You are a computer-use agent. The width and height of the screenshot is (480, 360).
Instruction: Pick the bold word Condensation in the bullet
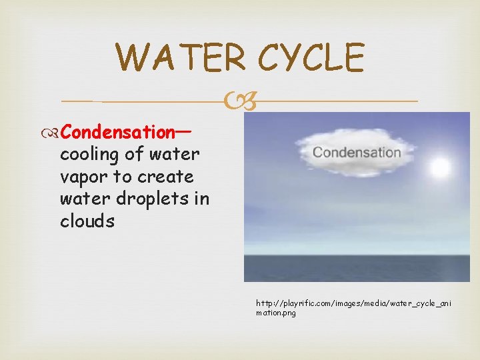click(117, 132)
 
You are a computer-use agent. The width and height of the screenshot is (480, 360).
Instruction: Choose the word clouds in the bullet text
click(87, 221)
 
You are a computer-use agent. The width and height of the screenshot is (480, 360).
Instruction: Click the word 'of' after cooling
click(134, 155)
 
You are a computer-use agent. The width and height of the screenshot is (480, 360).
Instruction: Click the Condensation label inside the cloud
click(357, 152)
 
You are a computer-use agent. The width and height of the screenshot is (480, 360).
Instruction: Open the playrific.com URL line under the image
click(353, 303)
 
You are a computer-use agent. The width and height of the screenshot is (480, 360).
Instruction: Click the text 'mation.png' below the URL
click(275, 313)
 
